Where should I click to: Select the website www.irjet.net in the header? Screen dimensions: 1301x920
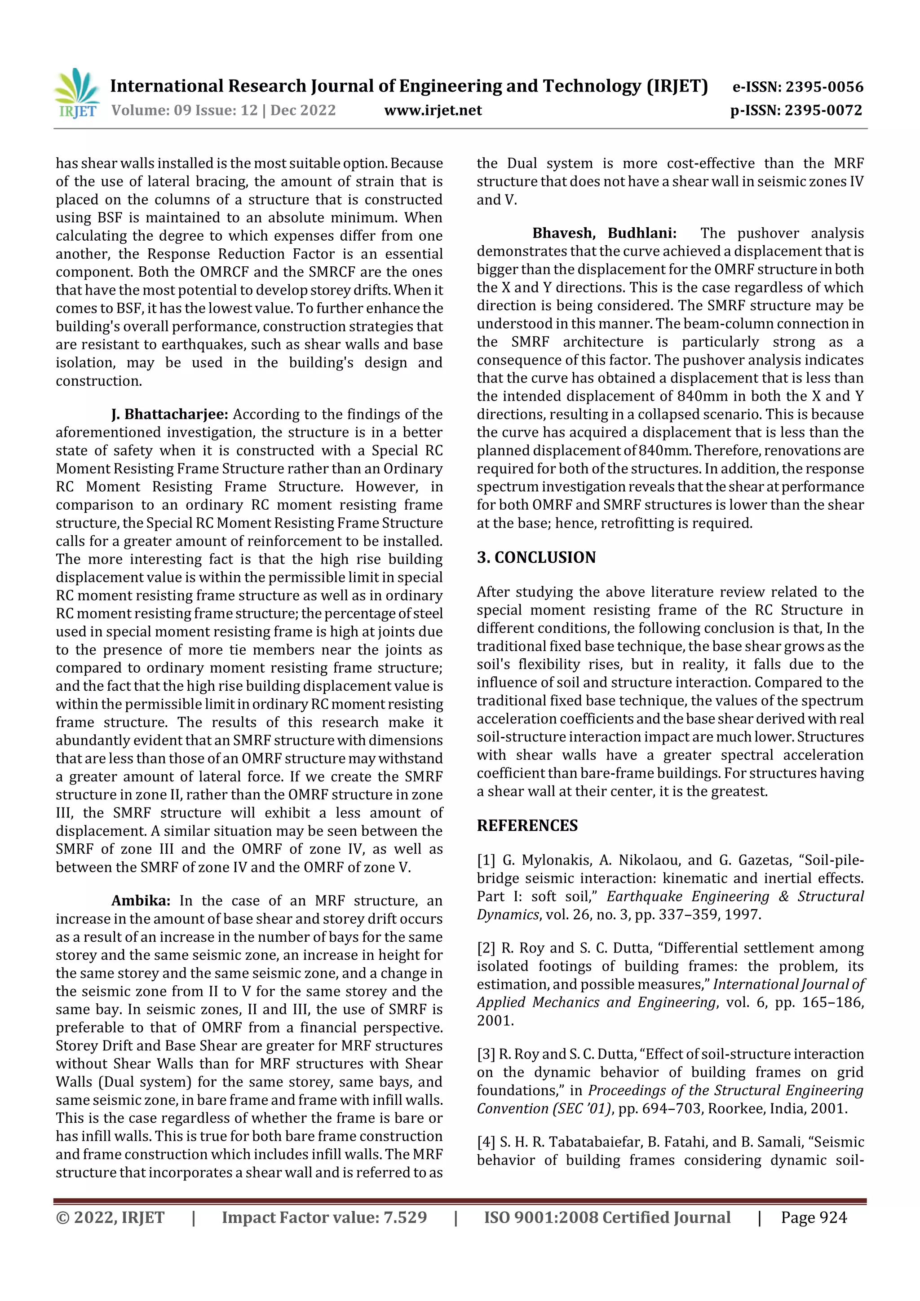[433, 110]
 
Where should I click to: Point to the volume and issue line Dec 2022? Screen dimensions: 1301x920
[223, 110]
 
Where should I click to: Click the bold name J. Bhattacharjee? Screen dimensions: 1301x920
[169, 414]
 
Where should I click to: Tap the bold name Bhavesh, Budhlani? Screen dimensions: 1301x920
[604, 234]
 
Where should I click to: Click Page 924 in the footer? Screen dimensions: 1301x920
[814, 1218]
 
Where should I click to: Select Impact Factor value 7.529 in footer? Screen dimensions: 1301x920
[324, 1218]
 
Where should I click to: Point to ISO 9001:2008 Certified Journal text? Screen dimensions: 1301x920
[606, 1218]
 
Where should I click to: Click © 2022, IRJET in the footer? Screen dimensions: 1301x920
[110, 1218]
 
